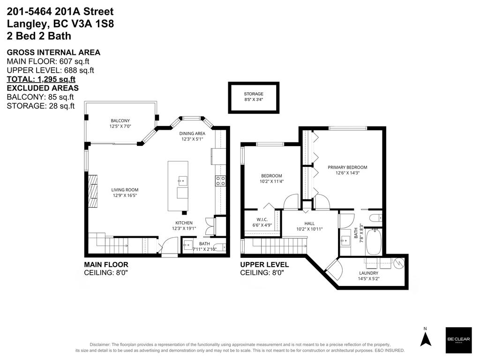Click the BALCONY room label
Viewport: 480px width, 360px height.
tap(120, 121)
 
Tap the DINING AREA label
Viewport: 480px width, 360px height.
tap(193, 134)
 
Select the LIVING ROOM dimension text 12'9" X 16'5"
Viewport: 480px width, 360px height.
tap(125, 196)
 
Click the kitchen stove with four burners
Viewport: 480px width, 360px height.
tap(220, 181)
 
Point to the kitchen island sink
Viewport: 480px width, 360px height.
tap(181, 180)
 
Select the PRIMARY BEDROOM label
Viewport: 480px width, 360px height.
tap(347, 167)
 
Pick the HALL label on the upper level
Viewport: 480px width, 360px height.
tap(309, 224)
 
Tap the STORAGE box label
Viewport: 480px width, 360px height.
tap(254, 94)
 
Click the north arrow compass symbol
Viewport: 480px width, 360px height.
tap(425, 338)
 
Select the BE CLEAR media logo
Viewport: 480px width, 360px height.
tap(458, 340)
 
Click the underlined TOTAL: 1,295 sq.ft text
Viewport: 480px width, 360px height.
tap(41, 79)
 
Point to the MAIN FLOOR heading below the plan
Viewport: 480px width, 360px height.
tap(106, 265)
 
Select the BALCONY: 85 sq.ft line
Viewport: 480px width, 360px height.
tap(40, 97)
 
